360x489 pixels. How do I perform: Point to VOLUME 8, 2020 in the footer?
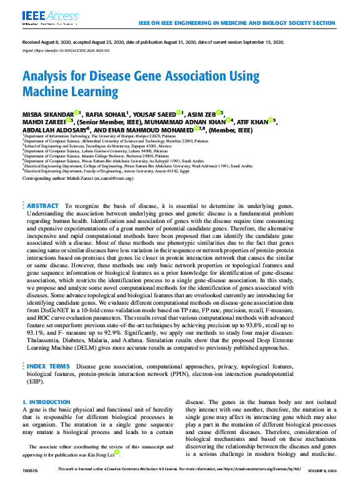322,469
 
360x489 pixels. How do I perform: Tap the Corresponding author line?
77,177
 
